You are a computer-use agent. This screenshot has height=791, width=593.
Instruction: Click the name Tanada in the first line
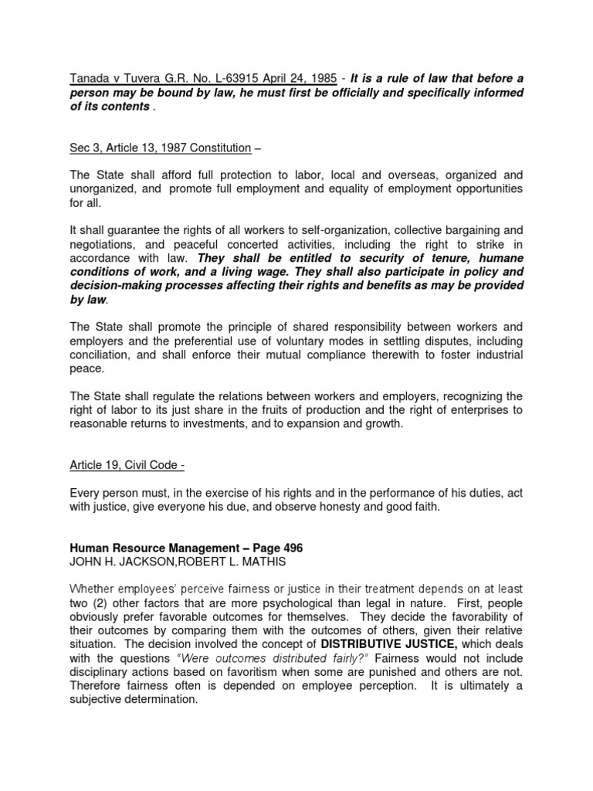click(86, 78)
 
